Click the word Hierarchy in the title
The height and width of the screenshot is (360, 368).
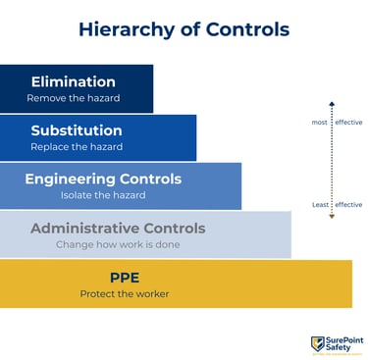127,30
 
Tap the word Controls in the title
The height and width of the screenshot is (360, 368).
247,29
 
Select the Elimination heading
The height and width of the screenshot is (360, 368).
74,81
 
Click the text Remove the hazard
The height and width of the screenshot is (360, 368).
74,98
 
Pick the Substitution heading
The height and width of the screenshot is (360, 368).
77,130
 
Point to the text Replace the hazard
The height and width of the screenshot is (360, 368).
77,147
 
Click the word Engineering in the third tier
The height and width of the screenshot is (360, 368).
70,180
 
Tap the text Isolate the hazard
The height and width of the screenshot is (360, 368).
103,195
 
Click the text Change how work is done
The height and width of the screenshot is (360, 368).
118,244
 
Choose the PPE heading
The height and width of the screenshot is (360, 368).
125,278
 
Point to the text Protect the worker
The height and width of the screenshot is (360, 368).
125,294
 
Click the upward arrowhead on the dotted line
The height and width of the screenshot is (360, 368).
332,104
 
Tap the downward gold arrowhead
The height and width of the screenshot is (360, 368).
332,216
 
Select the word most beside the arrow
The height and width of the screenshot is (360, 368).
319,123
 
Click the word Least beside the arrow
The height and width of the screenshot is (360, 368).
320,205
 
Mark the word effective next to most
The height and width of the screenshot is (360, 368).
348,123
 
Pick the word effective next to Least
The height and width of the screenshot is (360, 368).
348,205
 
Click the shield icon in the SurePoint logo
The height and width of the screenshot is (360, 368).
317,344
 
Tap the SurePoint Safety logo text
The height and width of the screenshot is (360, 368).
344,343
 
